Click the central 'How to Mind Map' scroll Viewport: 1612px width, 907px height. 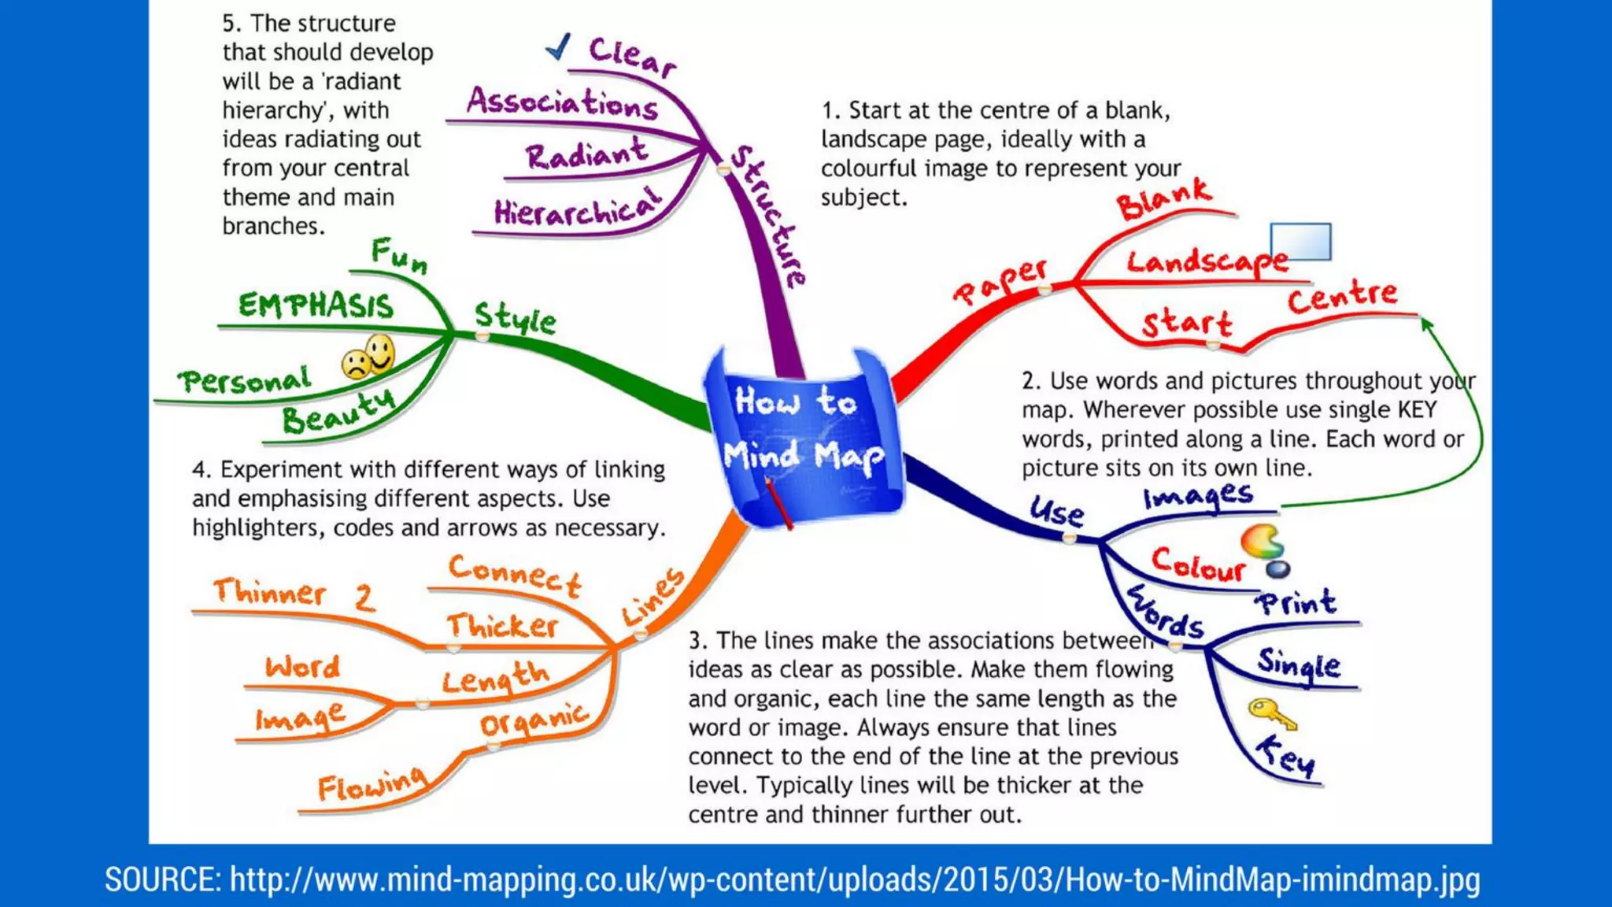(804, 437)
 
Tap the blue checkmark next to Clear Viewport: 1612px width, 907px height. (558, 47)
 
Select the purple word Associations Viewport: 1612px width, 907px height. (562, 103)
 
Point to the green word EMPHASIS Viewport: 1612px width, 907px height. (315, 305)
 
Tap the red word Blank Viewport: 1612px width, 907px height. (1164, 198)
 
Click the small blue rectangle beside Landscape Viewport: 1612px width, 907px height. (1300, 242)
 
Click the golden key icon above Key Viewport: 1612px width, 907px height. (1270, 713)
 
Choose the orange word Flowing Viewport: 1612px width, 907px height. (372, 784)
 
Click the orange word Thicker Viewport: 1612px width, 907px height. (502, 626)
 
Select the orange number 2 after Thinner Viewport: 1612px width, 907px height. (364, 597)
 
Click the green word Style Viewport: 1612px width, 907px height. (515, 317)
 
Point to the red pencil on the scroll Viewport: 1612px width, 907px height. (777, 504)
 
